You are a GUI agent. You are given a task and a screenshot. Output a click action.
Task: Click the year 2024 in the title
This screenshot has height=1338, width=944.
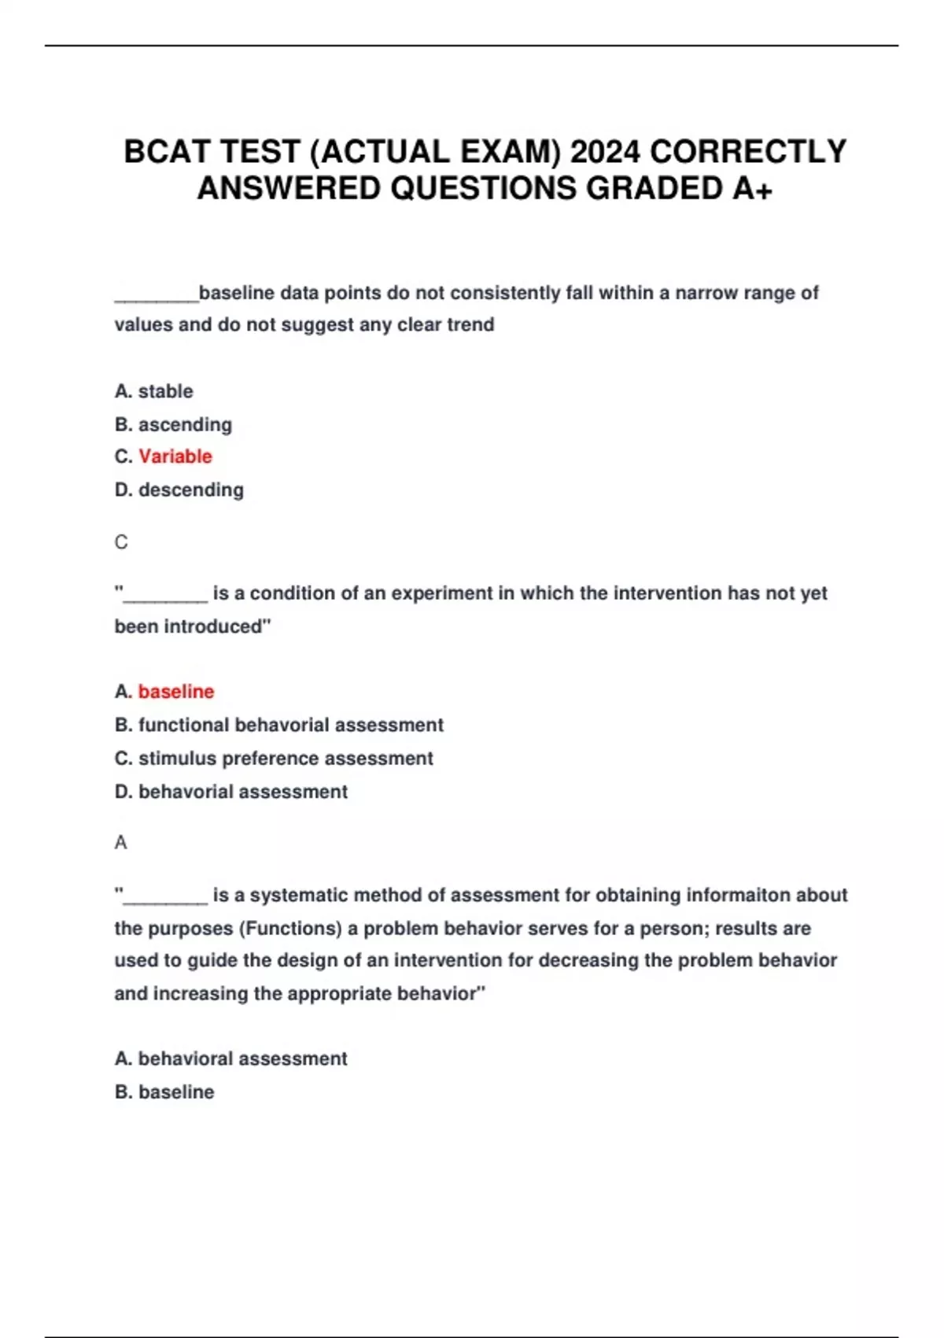[605, 152]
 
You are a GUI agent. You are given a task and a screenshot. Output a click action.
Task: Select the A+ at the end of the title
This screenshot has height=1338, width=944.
[752, 189]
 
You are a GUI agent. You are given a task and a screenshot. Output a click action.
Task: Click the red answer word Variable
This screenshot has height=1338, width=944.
[175, 456]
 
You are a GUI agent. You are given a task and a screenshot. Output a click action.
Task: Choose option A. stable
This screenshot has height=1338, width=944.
[153, 391]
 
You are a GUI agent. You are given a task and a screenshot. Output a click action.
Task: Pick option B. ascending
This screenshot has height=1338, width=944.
[173, 425]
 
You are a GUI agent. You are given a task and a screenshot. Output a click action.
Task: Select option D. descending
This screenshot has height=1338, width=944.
[179, 490]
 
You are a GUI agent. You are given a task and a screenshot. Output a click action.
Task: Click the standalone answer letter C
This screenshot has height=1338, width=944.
[121, 542]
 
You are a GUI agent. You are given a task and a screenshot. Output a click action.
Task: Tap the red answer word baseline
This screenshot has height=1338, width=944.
[176, 692]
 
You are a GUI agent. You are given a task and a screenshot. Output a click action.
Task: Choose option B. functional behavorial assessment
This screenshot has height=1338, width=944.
[278, 725]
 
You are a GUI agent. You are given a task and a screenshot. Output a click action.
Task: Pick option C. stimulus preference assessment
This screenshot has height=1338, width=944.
[274, 759]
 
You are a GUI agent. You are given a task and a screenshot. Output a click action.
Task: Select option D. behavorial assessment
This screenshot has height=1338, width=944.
[230, 792]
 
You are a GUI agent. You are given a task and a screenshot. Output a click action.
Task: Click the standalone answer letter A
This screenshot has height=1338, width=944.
[120, 843]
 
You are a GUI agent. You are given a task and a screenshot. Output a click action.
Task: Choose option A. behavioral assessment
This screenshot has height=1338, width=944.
[230, 1059]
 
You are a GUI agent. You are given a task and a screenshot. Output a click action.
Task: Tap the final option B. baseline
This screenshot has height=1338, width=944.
[164, 1092]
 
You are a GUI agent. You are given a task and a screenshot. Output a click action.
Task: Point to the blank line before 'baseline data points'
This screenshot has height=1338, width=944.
[157, 298]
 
